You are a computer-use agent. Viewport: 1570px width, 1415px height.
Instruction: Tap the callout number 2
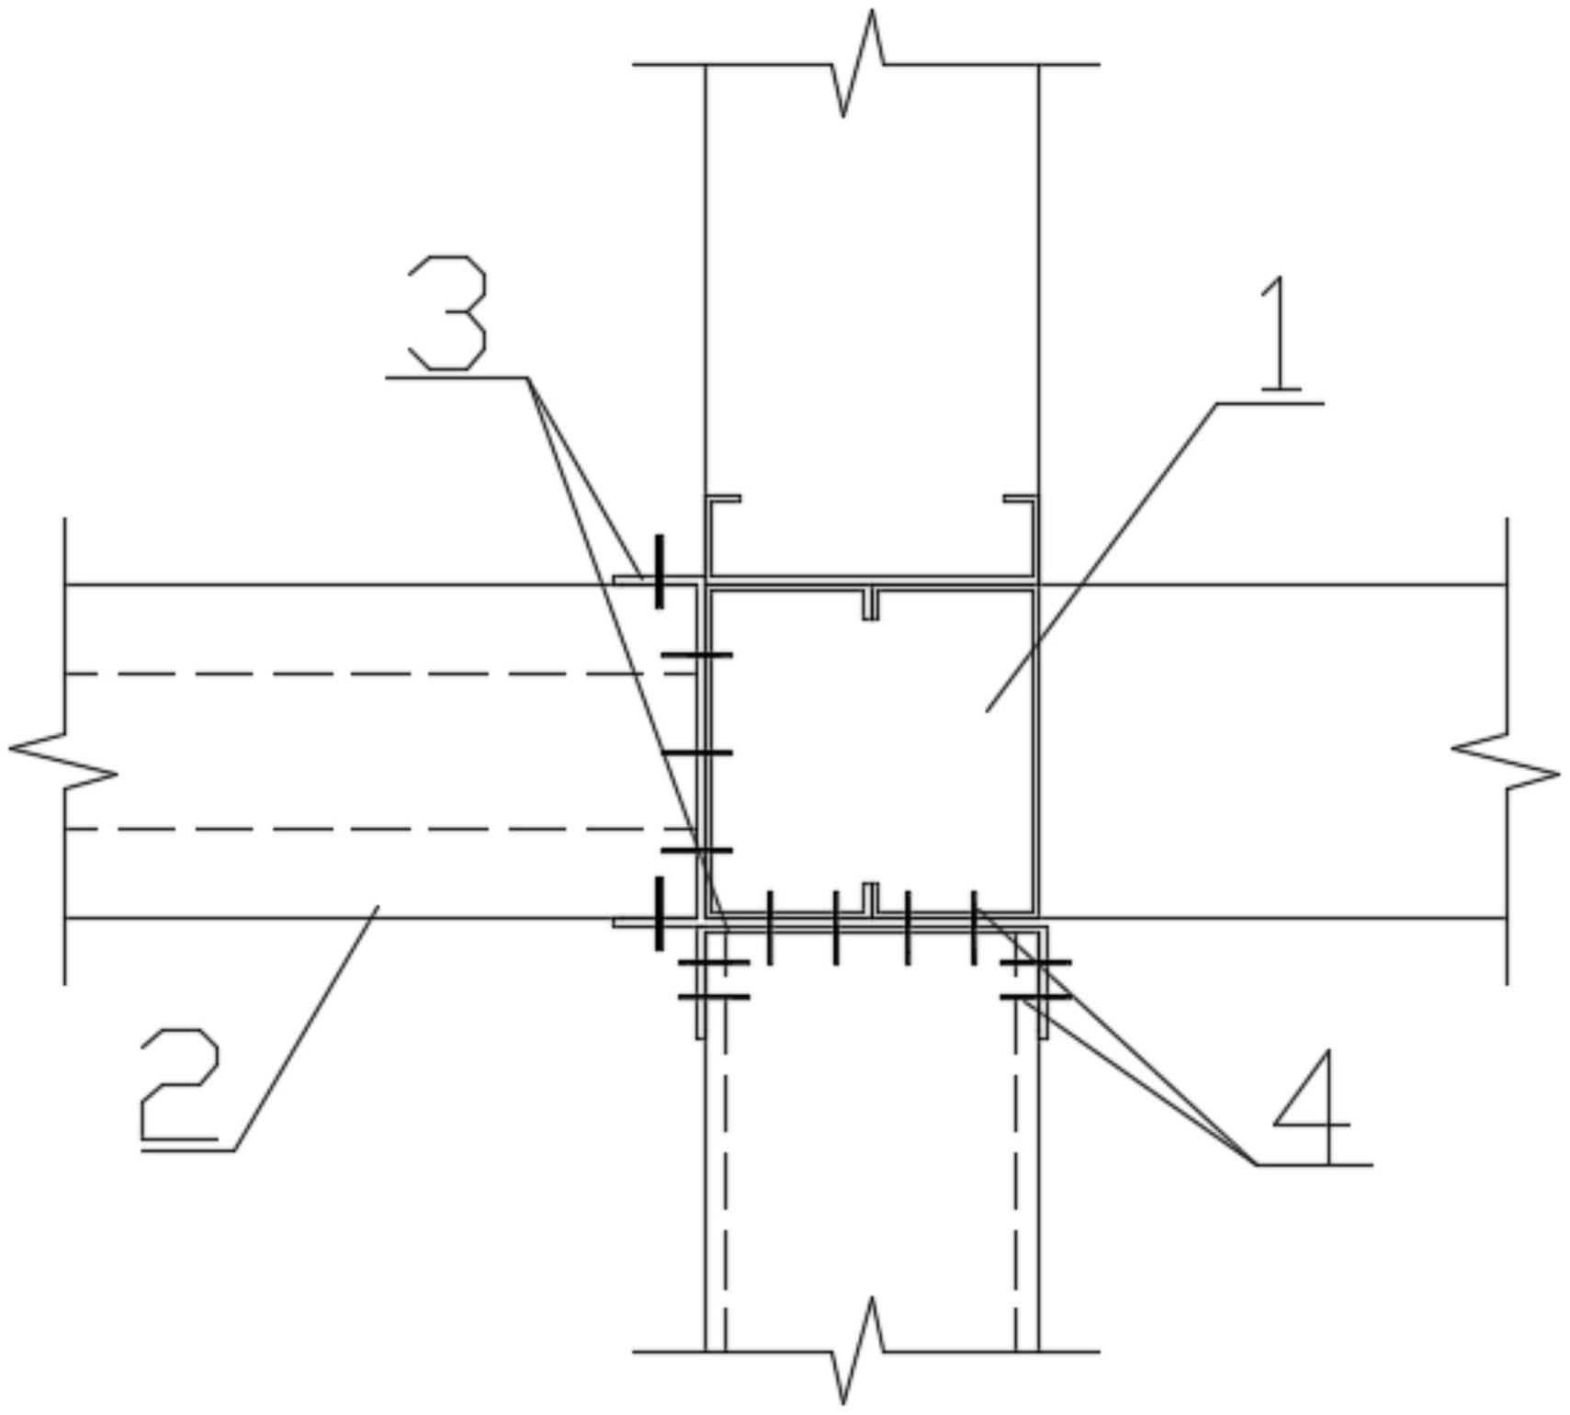click(x=180, y=1084)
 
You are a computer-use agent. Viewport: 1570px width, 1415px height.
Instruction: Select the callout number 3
click(x=447, y=312)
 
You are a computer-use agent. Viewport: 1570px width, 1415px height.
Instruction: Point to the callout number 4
click(x=1312, y=1107)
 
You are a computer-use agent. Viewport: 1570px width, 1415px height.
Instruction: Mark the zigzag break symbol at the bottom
click(x=858, y=1351)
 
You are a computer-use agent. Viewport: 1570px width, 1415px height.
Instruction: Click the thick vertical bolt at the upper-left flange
click(x=659, y=572)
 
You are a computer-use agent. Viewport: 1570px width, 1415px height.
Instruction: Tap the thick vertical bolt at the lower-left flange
click(x=659, y=913)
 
